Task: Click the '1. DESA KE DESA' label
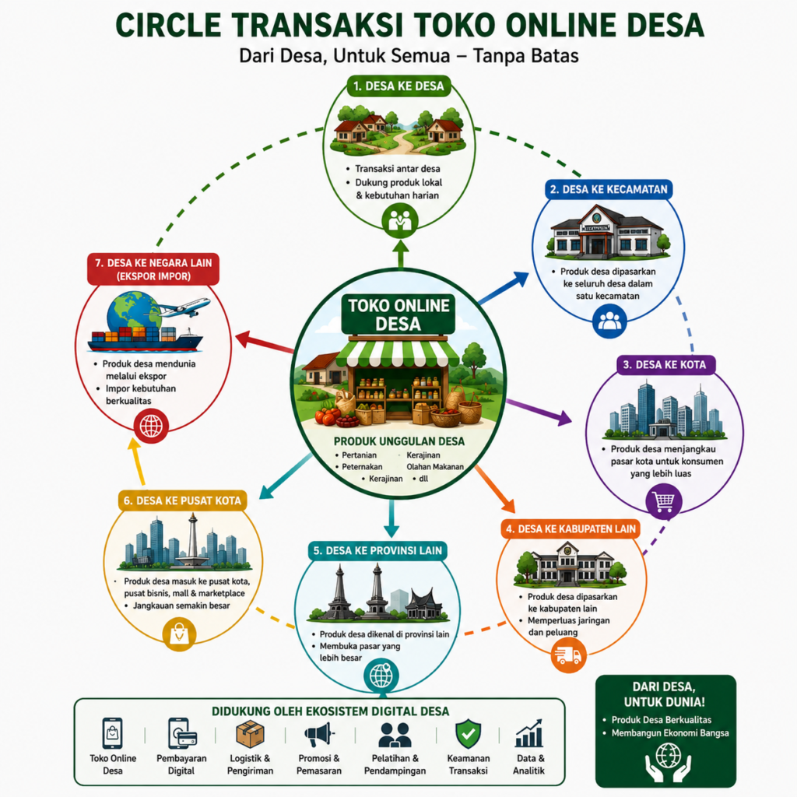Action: [x=399, y=86]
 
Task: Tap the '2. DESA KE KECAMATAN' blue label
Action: [x=609, y=189]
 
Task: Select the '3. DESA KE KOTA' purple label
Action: [x=665, y=364]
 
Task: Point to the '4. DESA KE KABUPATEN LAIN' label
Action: [x=571, y=528]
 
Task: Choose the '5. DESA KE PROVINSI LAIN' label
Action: [x=377, y=550]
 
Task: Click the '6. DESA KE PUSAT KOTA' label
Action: [x=182, y=500]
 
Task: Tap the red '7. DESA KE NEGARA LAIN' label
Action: [x=153, y=269]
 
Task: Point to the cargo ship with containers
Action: [x=145, y=339]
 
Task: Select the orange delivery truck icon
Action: [x=568, y=655]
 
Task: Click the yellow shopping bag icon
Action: [x=180, y=634]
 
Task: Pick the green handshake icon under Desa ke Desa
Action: [x=400, y=220]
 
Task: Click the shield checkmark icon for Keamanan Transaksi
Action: [x=468, y=733]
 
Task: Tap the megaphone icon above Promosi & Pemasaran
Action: [x=318, y=735]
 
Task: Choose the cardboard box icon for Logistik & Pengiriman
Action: [x=250, y=734]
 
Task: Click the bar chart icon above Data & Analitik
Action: [x=529, y=733]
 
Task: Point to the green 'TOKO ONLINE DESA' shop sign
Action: [x=398, y=314]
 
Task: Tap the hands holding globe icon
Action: [x=668, y=762]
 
